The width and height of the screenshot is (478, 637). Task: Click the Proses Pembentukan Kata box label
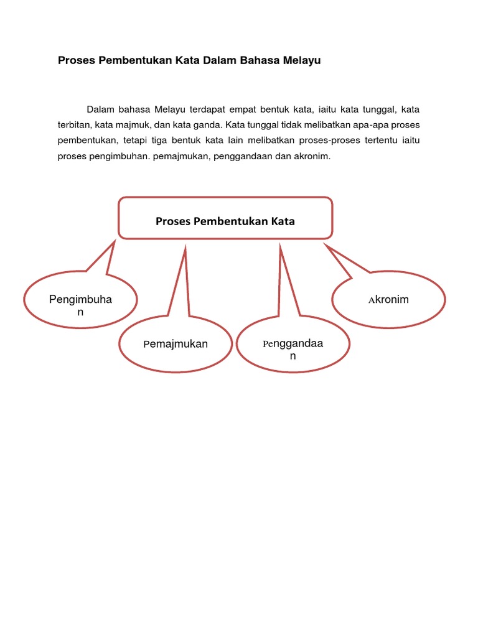[225, 221]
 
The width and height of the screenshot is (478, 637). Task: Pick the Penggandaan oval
[293, 349]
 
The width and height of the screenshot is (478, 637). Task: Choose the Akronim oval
[389, 300]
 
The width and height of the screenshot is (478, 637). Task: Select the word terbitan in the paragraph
[74, 125]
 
